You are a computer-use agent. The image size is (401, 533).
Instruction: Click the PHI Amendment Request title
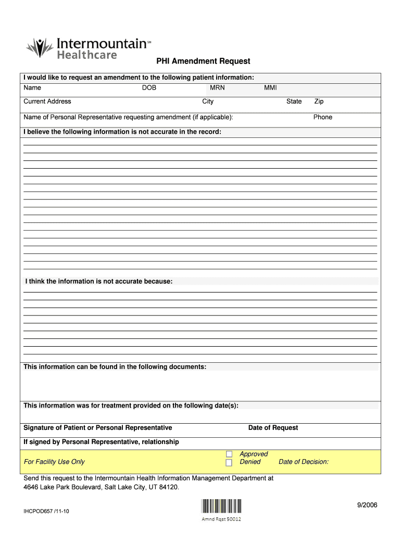pos(203,61)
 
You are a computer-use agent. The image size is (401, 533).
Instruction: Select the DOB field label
pos(149,87)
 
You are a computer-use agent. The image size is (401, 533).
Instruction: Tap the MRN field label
pos(217,87)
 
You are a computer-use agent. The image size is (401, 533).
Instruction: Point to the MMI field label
pos(270,87)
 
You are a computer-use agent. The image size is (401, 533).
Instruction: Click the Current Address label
pos(47,101)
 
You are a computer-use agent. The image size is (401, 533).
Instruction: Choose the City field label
pos(208,101)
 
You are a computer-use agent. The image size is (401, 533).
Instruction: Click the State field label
pos(294,101)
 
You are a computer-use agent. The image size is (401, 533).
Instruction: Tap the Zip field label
pos(319,101)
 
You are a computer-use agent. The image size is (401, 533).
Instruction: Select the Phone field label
pos(322,117)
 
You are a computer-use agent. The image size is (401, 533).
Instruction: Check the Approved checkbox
pos(229,454)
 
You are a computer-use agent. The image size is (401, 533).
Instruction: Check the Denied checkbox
pos(229,463)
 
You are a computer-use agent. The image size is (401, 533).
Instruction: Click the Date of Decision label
pos(304,462)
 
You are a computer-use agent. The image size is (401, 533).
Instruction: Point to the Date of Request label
pos(273,428)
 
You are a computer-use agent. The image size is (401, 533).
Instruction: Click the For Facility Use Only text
pos(54,462)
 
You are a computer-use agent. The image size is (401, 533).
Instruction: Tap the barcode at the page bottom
pos(221,506)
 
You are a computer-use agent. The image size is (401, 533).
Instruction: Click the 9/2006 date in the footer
pos(367,505)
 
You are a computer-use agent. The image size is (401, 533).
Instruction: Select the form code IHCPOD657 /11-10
pos(46,511)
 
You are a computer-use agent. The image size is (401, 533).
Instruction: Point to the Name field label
pos(32,87)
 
